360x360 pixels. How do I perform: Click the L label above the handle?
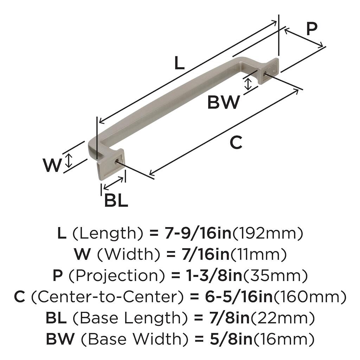179,64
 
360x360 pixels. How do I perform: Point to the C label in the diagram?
236,143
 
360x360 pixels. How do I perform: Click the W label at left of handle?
52,165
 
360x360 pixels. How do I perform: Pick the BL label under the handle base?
116,201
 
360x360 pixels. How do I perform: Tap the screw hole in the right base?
264,74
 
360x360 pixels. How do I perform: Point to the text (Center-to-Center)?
107,297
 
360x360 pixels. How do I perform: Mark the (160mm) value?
310,297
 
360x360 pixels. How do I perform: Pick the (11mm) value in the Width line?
258,254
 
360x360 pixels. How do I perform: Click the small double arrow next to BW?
248,84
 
